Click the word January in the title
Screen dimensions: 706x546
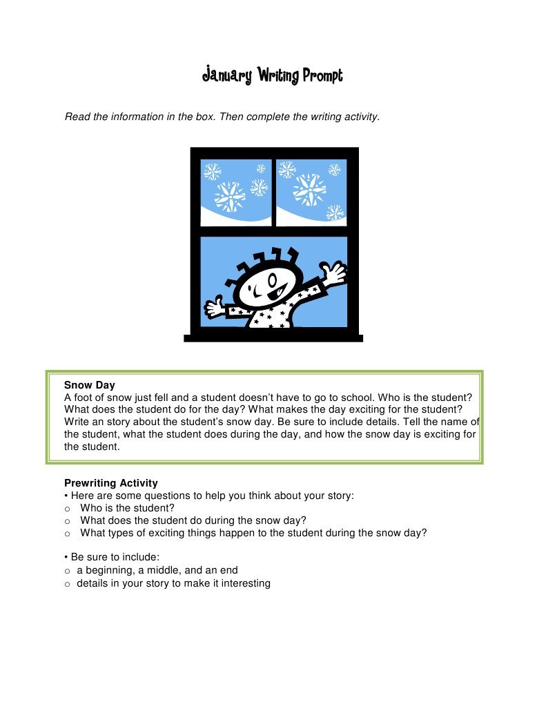(x=226, y=75)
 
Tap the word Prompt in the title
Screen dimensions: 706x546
(x=322, y=76)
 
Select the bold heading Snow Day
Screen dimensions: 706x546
(x=89, y=385)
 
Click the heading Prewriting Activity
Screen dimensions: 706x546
(x=110, y=483)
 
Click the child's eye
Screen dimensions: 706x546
(x=275, y=281)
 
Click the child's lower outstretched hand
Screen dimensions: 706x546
(x=214, y=307)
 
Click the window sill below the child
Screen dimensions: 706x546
(x=273, y=337)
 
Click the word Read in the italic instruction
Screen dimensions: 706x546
(x=77, y=117)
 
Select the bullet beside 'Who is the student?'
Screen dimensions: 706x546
(x=68, y=509)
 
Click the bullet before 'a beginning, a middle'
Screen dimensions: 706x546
(x=68, y=571)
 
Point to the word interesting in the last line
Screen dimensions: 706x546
(x=244, y=583)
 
